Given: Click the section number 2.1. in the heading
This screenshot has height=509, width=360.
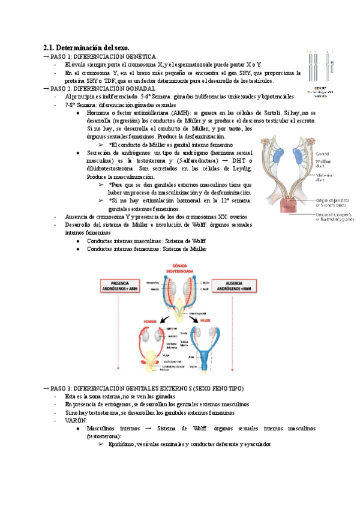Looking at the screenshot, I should (x=51, y=47).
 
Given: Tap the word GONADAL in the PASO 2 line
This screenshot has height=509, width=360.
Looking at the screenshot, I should (x=139, y=88).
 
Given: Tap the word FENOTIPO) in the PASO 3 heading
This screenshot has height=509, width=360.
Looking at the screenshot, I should (x=224, y=388).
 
